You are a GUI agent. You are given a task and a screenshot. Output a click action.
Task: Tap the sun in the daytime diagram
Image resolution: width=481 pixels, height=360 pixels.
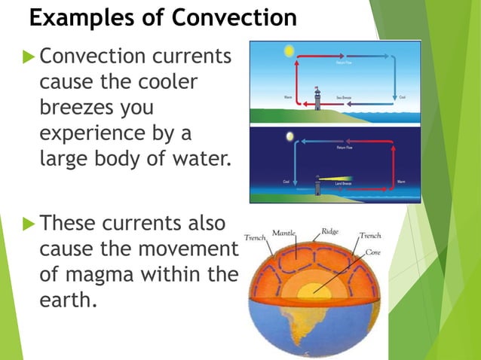point(286,52)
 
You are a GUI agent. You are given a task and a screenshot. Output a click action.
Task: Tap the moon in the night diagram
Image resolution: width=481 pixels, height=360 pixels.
point(290,136)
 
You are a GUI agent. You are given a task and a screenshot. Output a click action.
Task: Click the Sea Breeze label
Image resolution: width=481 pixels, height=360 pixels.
point(345,98)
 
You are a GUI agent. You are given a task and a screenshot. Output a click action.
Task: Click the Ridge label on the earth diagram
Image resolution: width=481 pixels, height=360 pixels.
point(329,232)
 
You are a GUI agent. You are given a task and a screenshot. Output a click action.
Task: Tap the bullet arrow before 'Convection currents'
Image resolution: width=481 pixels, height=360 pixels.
point(29,56)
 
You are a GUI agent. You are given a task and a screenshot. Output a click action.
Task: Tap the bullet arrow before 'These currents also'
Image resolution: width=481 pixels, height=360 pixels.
point(29,224)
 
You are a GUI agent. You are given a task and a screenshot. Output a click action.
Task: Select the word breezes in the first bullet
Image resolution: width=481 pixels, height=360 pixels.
point(75,108)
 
